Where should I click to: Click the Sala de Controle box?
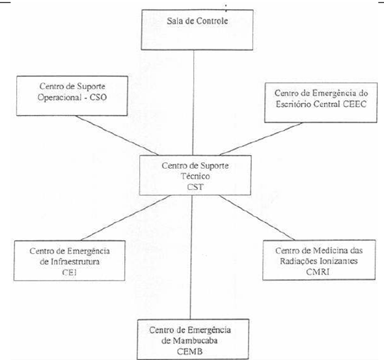click(x=197, y=30)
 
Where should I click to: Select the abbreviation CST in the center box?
click(x=195, y=187)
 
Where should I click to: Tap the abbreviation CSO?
click(x=98, y=97)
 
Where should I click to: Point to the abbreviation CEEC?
click(x=355, y=104)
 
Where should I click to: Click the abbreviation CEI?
click(x=70, y=272)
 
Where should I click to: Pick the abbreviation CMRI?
click(x=318, y=272)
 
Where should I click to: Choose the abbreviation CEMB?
click(x=190, y=352)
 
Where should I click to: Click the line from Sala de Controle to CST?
click(x=193, y=103)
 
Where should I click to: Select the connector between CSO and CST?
click(x=117, y=135)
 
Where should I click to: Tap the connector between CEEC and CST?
click(x=261, y=139)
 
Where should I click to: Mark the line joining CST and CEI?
click(x=126, y=217)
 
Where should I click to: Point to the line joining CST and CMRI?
click(x=257, y=217)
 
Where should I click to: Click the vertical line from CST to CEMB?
click(x=191, y=257)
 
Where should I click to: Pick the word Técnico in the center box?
click(x=195, y=176)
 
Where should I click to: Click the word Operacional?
click(x=59, y=97)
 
